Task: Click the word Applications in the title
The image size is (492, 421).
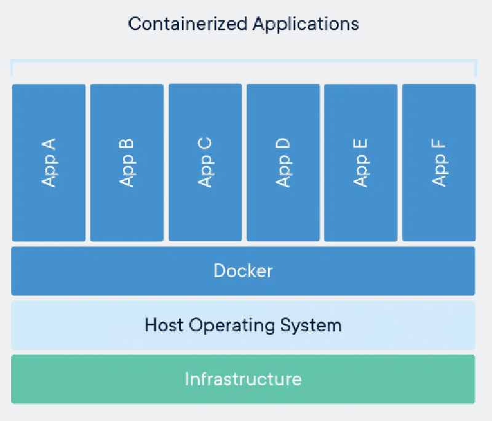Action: click(x=306, y=25)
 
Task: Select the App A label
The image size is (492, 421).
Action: click(x=49, y=163)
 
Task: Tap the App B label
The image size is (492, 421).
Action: click(x=127, y=163)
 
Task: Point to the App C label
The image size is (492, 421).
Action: click(x=205, y=163)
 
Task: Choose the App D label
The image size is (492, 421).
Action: click(x=283, y=163)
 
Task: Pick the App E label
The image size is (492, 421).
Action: click(x=361, y=163)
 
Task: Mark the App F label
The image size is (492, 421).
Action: click(x=439, y=163)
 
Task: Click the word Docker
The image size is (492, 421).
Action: click(x=243, y=270)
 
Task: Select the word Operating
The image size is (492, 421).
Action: click(x=231, y=325)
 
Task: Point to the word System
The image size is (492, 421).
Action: click(x=311, y=325)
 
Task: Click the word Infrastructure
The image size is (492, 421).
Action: click(x=243, y=379)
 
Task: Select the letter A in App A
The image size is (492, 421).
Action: click(x=49, y=145)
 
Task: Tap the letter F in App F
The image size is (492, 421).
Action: click(x=439, y=146)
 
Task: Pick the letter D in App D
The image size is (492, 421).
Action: click(x=283, y=145)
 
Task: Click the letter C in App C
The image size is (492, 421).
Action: click(x=205, y=144)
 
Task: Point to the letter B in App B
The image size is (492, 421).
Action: click(x=127, y=146)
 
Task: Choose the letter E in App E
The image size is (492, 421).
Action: click(x=361, y=146)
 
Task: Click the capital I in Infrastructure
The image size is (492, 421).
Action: click(x=187, y=379)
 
